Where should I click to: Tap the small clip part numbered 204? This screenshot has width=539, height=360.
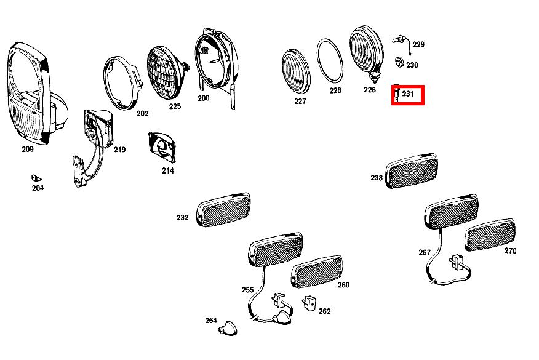[x=35, y=178]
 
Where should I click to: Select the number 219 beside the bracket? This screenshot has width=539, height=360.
[x=119, y=150]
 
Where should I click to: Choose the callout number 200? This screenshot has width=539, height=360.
[x=203, y=98]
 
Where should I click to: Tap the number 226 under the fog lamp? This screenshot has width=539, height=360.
[x=369, y=90]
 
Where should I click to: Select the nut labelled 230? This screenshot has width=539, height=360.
[x=397, y=63]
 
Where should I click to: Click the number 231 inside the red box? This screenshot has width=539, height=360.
[x=408, y=94]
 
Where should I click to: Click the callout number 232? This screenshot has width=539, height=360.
[x=182, y=218]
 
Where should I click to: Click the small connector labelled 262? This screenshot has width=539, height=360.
[x=309, y=303]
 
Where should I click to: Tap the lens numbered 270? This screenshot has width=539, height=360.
[x=489, y=234]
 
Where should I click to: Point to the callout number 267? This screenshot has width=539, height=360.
[x=425, y=252]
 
